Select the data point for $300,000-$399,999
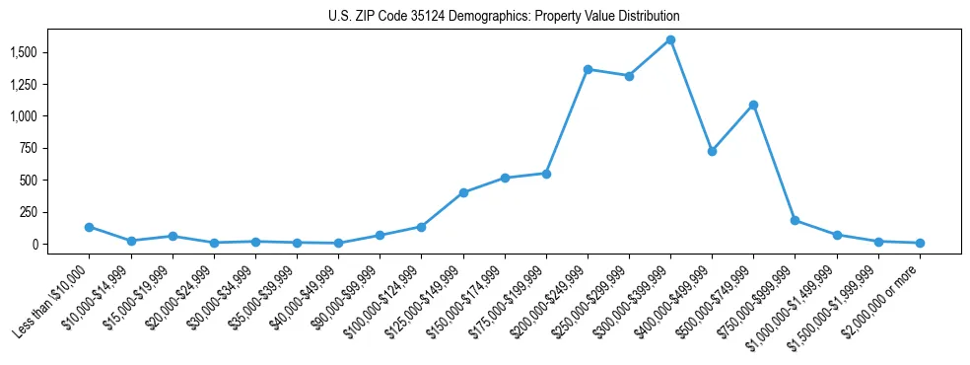[x=670, y=39]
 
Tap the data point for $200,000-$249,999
[x=588, y=69]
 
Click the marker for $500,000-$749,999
[x=753, y=105]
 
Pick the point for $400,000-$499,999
[x=712, y=151]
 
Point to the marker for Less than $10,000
[x=89, y=227]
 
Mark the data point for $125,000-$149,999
[x=463, y=192]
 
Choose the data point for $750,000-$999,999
[x=795, y=220]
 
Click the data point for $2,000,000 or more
[x=920, y=243]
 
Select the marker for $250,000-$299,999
[x=629, y=76]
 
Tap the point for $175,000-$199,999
[x=546, y=174]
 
